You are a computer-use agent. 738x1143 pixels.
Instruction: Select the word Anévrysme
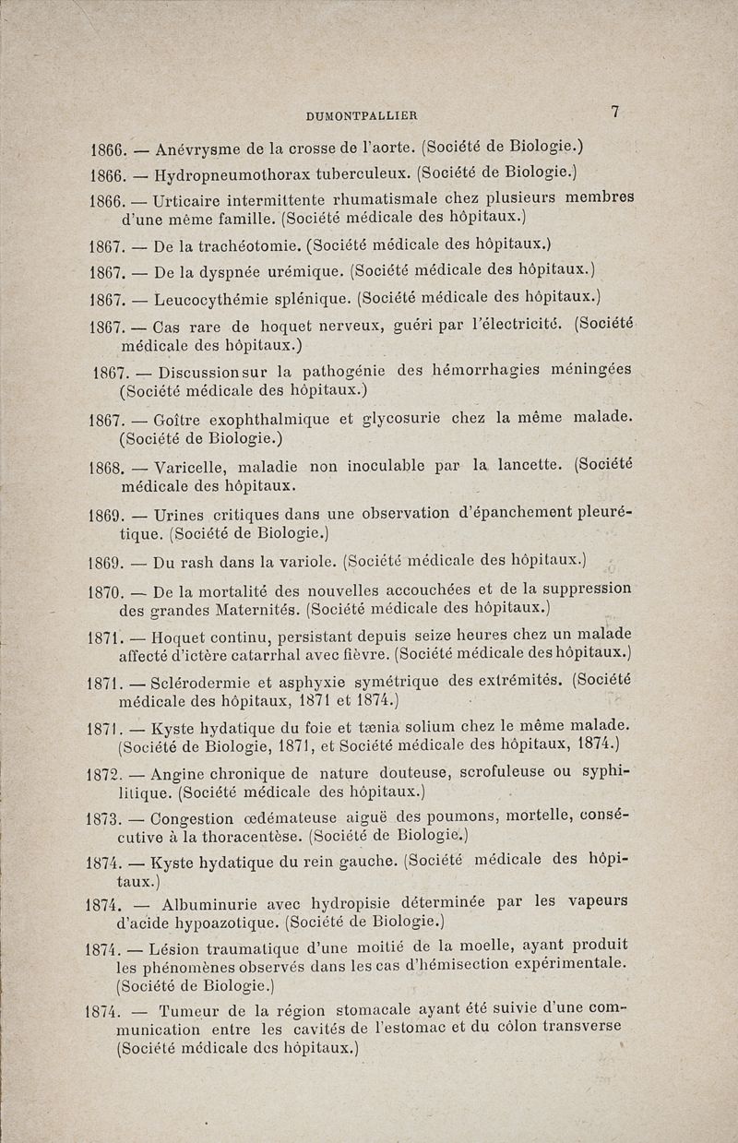tap(198, 148)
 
